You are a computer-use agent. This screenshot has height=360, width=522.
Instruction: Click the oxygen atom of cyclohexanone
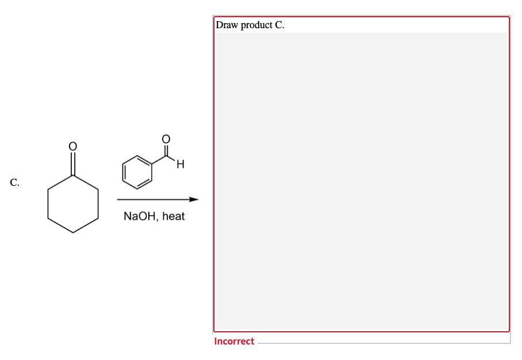coord(72,146)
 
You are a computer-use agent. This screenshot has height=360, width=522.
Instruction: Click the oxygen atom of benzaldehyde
coord(166,139)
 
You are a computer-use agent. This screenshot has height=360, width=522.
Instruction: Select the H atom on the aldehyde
coord(180,166)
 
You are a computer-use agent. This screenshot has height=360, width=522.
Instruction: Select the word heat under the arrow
coord(174,217)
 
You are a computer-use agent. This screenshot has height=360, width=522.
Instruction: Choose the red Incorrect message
coord(234,341)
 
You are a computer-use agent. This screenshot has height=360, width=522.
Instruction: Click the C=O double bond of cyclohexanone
coord(72,163)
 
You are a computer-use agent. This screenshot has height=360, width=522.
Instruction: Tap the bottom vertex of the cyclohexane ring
coord(72,232)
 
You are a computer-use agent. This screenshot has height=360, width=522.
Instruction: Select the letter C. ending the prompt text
coord(280,25)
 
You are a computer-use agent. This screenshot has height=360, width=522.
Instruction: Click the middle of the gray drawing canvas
coord(361,181)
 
